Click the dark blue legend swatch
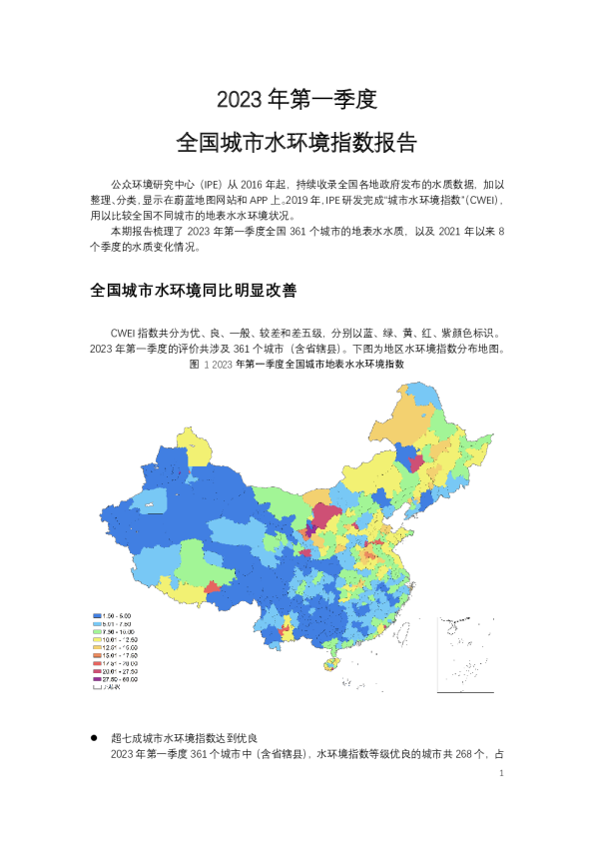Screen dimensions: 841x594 (97, 615)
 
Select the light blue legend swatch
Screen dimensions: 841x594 (97, 623)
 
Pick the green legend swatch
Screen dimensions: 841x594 (97, 631)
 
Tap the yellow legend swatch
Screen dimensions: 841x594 (97, 639)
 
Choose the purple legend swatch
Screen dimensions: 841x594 (97, 678)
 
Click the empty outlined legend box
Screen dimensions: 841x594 (97, 686)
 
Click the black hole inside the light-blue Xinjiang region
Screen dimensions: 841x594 (151, 505)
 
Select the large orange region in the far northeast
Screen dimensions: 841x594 (409, 423)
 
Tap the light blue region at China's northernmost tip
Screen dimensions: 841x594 (423, 392)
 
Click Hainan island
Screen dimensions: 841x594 (332, 663)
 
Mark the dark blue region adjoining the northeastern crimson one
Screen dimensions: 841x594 (404, 455)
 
